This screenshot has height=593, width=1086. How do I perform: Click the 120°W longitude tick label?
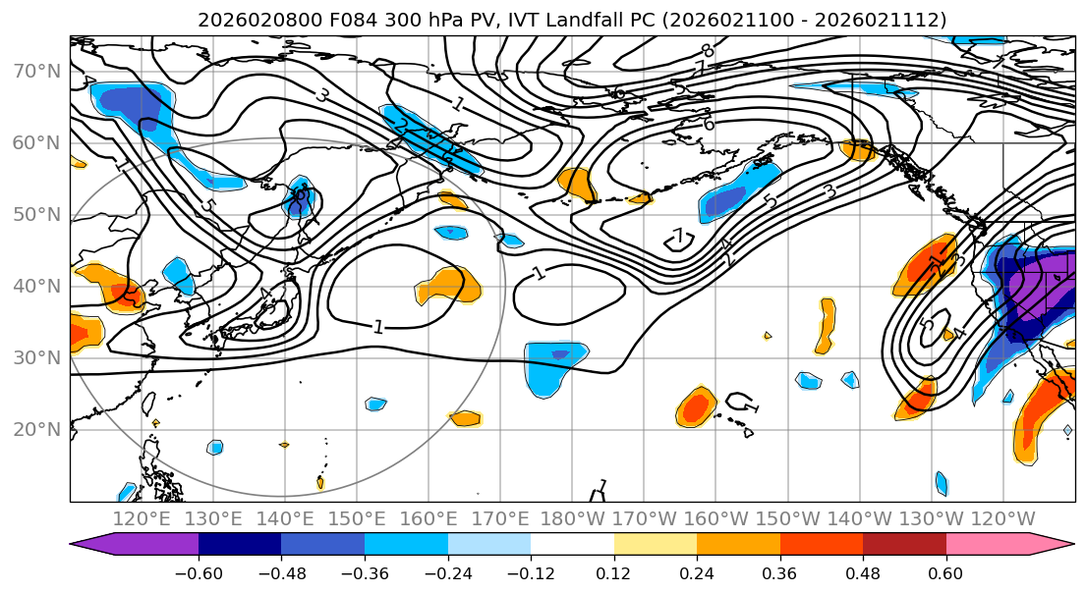1003,518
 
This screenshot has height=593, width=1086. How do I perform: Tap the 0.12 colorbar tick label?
613,571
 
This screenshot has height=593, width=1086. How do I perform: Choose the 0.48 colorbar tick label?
863,571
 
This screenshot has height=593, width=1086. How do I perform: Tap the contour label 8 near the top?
707,50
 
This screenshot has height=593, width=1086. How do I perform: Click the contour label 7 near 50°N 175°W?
678,237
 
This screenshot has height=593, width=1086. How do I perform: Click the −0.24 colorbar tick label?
447,571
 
